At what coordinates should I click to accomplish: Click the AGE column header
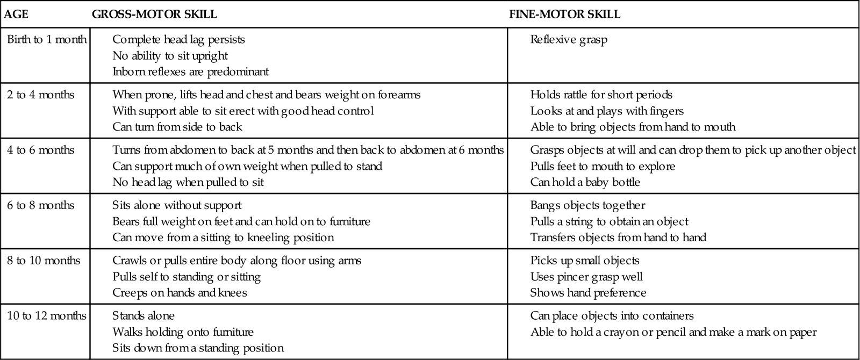pos(16,15)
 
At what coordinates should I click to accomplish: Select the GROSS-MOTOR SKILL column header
pos(154,15)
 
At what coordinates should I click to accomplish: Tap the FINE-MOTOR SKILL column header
pos(564,15)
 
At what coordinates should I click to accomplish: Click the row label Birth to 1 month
pos(47,40)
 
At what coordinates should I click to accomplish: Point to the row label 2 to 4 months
pos(41,95)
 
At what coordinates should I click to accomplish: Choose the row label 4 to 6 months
pos(41,150)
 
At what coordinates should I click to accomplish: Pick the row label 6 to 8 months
pos(41,206)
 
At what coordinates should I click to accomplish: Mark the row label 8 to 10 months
pos(44,261)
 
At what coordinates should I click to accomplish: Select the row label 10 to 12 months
pos(47,316)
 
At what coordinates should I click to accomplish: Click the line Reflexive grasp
pos(569,40)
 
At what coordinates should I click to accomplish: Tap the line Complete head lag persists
pos(178,40)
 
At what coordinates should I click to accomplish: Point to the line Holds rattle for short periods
pos(601,95)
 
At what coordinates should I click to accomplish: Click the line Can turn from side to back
pos(177,127)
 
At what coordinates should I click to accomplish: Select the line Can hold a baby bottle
pos(585,183)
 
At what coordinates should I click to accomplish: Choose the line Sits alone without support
pos(177,206)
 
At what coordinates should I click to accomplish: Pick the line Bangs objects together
pos(587,206)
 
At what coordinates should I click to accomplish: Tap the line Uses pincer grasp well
pos(586,277)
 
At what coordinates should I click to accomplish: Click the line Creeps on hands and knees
pos(180,293)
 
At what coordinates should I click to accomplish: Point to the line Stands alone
pos(144,316)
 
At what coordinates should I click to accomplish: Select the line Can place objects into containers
pos(612,316)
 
